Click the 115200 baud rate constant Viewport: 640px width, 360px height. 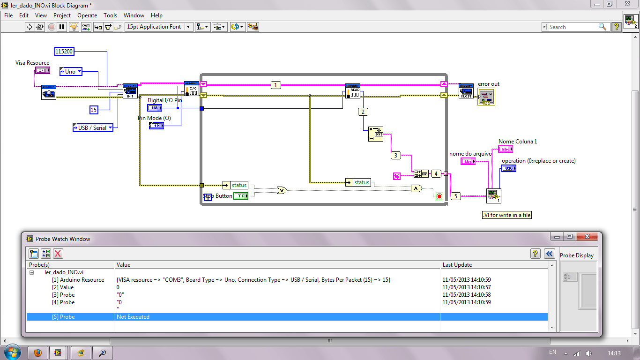pyautogui.click(x=64, y=52)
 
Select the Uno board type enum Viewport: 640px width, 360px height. pyautogui.click(x=71, y=72)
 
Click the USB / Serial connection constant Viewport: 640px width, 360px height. pyautogui.click(x=93, y=127)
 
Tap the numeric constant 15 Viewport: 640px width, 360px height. pyautogui.click(x=94, y=110)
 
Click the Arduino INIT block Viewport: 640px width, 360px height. pyautogui.click(x=130, y=91)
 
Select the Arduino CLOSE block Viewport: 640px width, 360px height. pyautogui.click(x=466, y=91)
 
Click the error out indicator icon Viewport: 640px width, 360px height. pyautogui.click(x=486, y=97)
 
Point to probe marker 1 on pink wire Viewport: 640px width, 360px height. pyautogui.click(x=276, y=85)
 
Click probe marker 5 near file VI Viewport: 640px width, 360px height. pyautogui.click(x=455, y=196)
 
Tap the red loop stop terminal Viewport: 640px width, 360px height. pyautogui.click(x=439, y=196)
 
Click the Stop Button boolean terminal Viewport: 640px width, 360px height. pyautogui.click(x=241, y=196)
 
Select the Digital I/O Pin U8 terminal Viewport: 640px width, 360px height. pyautogui.click(x=155, y=108)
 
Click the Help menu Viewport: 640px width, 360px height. pyautogui.click(x=156, y=15)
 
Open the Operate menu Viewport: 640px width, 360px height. pyautogui.click(x=87, y=15)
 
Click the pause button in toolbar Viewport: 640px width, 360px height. pyautogui.click(x=62, y=27)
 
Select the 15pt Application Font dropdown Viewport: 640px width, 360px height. pyautogui.click(x=159, y=27)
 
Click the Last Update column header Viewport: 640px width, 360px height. pyautogui.click(x=457, y=265)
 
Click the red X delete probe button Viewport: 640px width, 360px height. pyautogui.click(x=58, y=254)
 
